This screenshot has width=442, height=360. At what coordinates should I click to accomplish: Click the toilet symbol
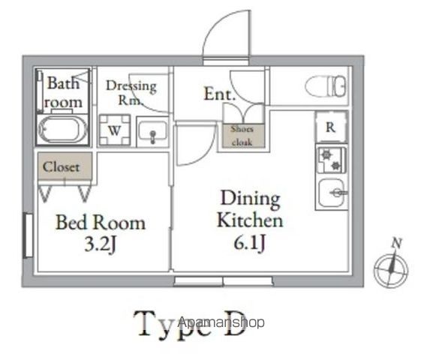[x=326, y=86]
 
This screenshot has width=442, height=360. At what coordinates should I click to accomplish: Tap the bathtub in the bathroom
[x=62, y=130]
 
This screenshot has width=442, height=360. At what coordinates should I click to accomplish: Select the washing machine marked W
[x=115, y=130]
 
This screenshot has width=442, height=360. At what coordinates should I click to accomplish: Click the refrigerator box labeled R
[x=331, y=127]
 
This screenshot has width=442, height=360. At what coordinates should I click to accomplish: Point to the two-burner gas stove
[x=331, y=160]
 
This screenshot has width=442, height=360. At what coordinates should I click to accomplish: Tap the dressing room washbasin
[x=152, y=132]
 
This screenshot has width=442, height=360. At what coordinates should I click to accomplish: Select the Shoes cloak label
[x=242, y=136]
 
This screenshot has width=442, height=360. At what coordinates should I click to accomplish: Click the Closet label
[x=61, y=167]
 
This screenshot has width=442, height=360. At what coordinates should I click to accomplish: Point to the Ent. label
[x=219, y=94]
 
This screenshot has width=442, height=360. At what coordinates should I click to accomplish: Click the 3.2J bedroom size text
[x=101, y=244]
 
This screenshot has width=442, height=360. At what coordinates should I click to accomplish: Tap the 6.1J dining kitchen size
[x=250, y=242]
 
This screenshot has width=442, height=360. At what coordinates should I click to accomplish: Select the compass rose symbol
[x=391, y=269]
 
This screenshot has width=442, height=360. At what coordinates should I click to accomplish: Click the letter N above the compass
[x=397, y=243]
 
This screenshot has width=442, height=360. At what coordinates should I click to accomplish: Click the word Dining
[x=251, y=199]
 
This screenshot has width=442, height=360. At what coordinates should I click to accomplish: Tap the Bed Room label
[x=101, y=223]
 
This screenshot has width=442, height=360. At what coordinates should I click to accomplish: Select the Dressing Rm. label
[x=131, y=93]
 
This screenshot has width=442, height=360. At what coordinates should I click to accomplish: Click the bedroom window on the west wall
[x=29, y=235]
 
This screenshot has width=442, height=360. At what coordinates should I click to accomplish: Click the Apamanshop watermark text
[x=221, y=322]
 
